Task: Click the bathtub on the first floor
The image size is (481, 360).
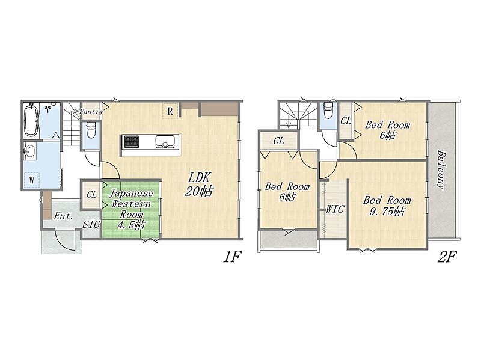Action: pos(31,121)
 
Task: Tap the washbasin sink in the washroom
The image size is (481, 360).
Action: pos(30,151)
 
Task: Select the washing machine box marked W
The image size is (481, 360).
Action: pos(32,180)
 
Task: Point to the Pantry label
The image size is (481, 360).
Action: pos(91,112)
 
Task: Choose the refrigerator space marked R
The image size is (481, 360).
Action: pos(170,111)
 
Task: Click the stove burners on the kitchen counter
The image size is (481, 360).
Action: pos(131,141)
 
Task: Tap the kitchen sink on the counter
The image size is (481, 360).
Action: pos(166,142)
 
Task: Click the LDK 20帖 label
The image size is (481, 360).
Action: pos(198,184)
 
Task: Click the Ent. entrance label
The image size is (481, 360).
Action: pos(64,216)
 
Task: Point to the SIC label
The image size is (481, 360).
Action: pos(91,224)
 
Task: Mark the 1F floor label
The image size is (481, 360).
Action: pos(231,257)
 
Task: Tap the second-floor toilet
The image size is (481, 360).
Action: pos(328,110)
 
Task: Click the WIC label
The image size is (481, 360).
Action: pos(335,209)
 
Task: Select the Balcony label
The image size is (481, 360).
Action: pos(441,169)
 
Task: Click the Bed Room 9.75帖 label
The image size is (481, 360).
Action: pos(387,206)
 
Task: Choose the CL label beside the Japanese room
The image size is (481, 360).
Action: pos(91,194)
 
